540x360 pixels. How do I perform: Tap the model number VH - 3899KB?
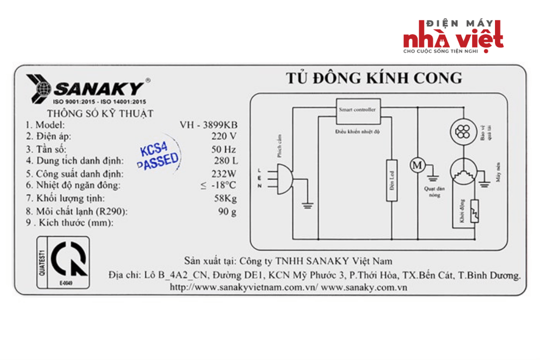tap(208, 125)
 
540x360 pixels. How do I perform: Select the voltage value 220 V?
tap(224, 137)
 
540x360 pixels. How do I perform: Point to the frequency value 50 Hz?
tap(223, 150)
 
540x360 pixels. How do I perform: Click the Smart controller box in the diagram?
tap(357, 110)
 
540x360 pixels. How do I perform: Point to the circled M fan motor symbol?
tap(417, 165)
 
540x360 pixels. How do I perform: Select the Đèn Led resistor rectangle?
tap(391, 180)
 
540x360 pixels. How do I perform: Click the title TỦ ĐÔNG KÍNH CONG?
tap(374, 78)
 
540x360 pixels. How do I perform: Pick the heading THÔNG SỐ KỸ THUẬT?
tap(100, 113)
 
